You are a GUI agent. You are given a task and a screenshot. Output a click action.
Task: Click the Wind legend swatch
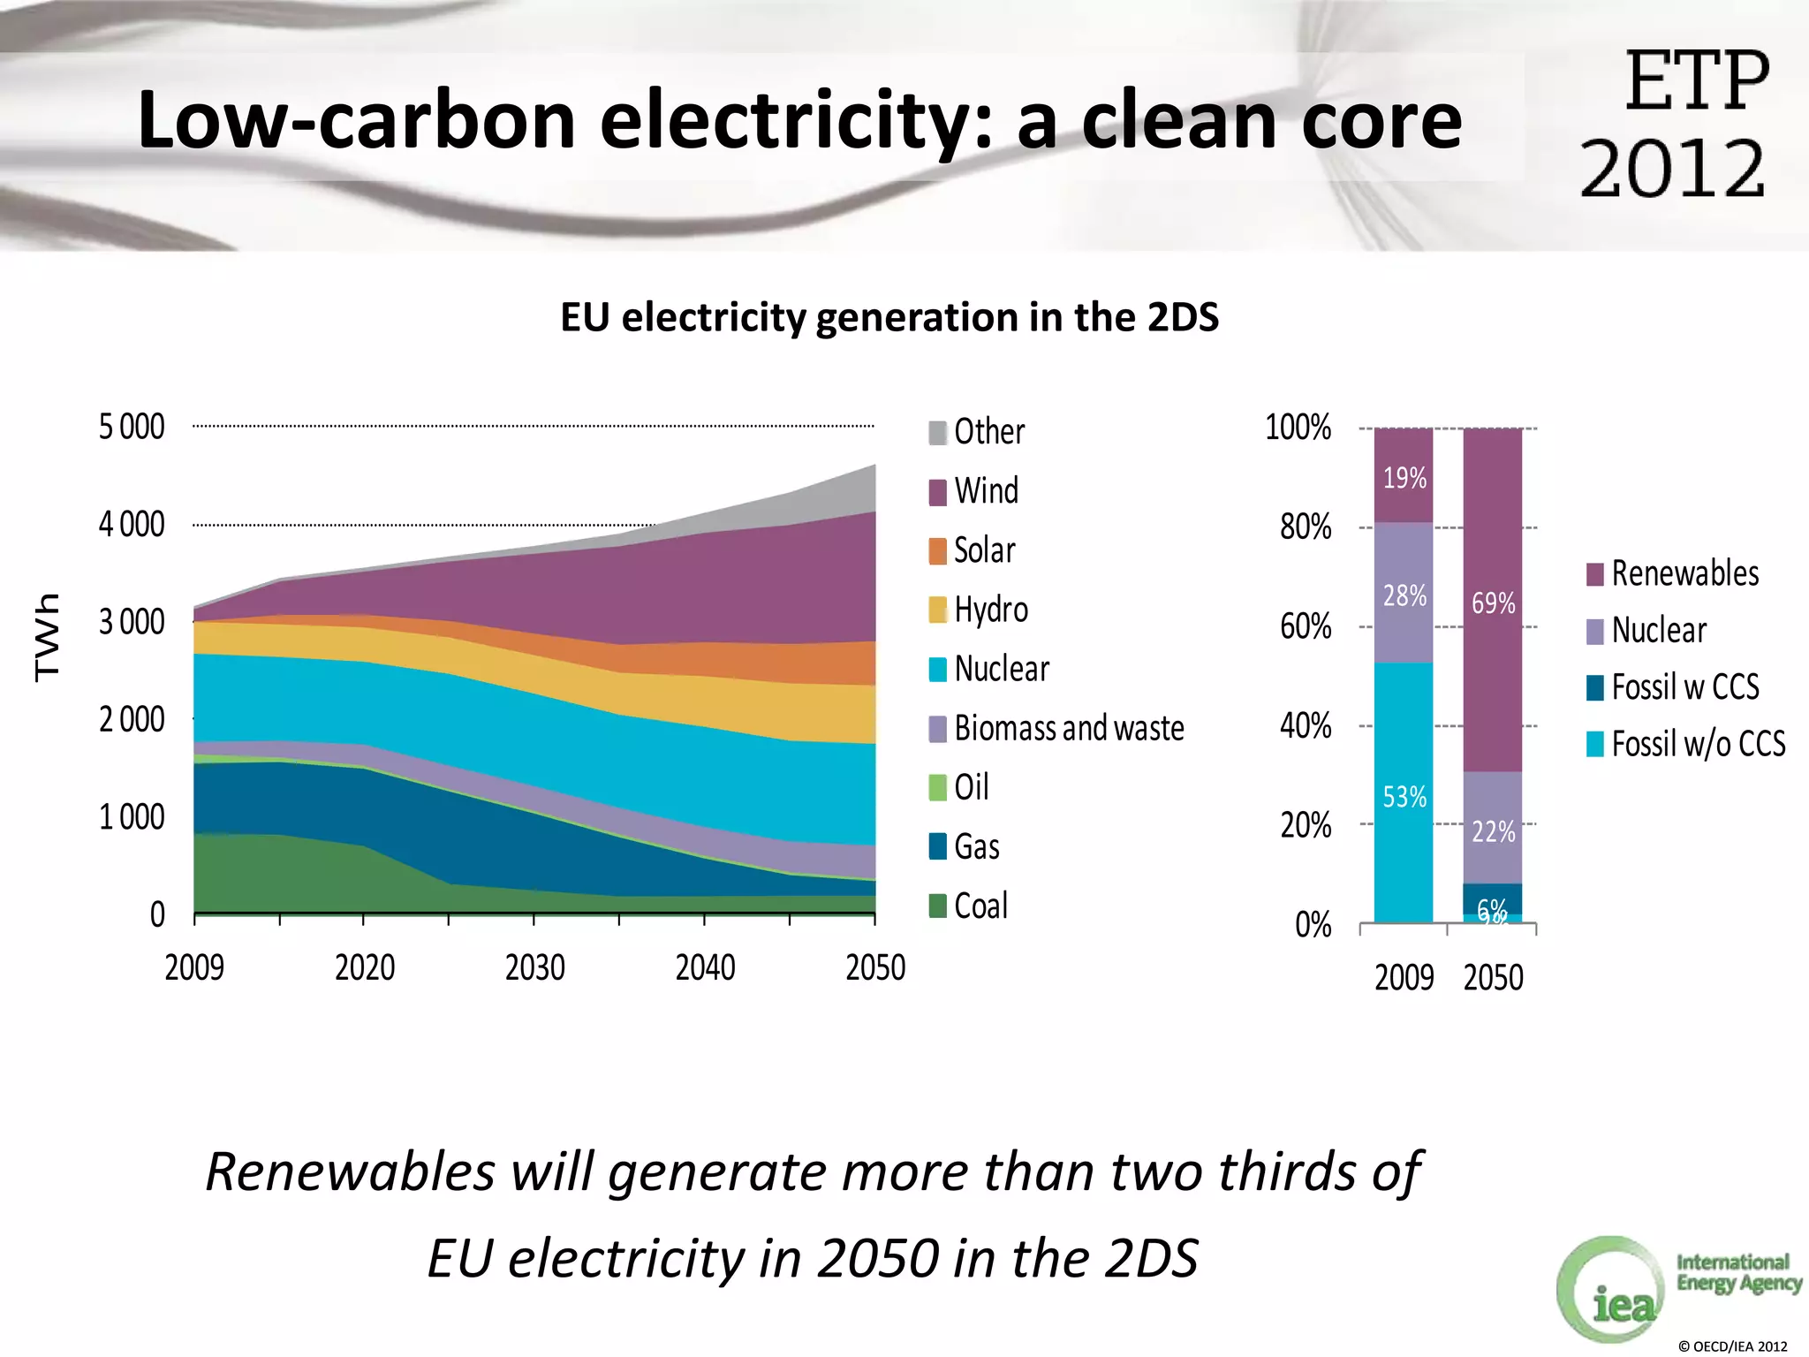click(x=938, y=491)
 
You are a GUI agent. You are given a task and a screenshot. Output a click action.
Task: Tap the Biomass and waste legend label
click(x=1069, y=728)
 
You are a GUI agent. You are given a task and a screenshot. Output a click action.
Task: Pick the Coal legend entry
click(x=970, y=906)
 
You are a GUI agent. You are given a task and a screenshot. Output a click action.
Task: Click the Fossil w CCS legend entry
click(x=1674, y=687)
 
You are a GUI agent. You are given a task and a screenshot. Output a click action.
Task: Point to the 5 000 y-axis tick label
click(x=132, y=427)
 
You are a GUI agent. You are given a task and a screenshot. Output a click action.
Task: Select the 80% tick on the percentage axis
click(x=1306, y=527)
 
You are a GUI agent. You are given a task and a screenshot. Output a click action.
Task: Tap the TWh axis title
click(x=48, y=637)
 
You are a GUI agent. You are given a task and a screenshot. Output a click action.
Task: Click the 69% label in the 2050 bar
click(x=1493, y=603)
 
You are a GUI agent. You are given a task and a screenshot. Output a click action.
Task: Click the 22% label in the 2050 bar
click(x=1493, y=831)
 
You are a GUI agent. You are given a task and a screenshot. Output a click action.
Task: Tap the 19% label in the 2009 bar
click(x=1404, y=478)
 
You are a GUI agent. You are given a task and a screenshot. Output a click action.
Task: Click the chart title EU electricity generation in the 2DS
click(x=889, y=317)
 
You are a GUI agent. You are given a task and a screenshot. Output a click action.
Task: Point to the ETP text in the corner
click(x=1696, y=81)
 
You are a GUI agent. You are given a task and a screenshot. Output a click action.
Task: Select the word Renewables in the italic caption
click(x=350, y=1172)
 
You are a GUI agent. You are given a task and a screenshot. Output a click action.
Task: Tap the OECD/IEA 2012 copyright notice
click(x=1732, y=1346)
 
